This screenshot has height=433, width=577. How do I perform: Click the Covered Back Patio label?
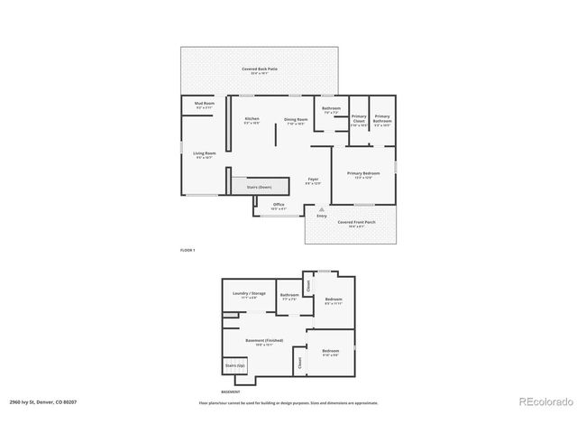(x=259, y=69)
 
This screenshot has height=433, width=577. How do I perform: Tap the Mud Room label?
(x=205, y=105)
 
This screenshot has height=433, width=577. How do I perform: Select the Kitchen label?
(x=252, y=120)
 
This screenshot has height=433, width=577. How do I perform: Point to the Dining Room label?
(x=297, y=120)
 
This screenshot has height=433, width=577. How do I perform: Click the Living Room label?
(x=205, y=154)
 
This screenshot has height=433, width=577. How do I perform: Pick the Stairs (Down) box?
(x=260, y=187)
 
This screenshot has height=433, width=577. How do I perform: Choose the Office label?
(x=279, y=206)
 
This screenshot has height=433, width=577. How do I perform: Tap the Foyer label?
(x=313, y=180)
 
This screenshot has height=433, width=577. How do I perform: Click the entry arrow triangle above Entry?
(x=321, y=208)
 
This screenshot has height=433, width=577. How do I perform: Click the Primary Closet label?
(x=359, y=118)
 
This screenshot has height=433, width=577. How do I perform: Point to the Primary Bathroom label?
(x=382, y=118)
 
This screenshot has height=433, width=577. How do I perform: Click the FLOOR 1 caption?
(x=188, y=250)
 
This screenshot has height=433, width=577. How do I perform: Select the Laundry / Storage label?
(x=249, y=294)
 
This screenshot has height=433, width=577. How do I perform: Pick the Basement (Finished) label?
(x=264, y=341)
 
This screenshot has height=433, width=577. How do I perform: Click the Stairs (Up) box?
(x=235, y=365)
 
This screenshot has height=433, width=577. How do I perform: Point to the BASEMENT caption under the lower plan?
(x=231, y=392)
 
